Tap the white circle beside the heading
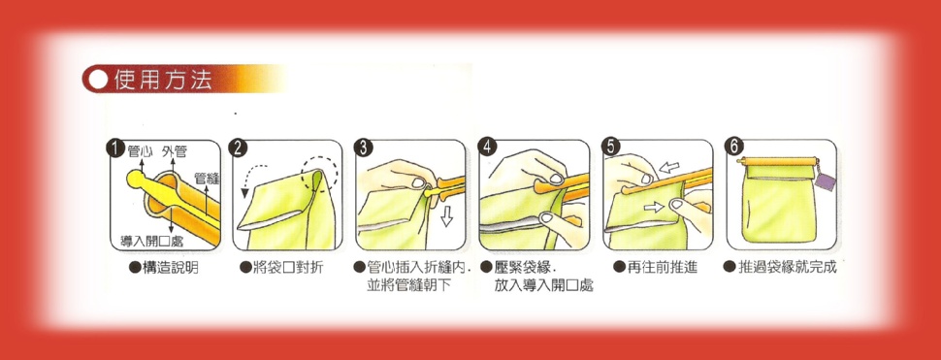pyautogui.click(x=97, y=80)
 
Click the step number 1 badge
pyautogui.click(x=114, y=148)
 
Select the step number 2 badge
pyautogui.click(x=239, y=148)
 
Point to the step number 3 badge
pyautogui.click(x=363, y=148)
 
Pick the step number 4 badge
pyautogui.click(x=487, y=147)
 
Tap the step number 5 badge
pyautogui.click(x=610, y=147)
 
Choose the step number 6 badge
pyautogui.click(x=733, y=147)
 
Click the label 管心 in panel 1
pyautogui.click(x=140, y=151)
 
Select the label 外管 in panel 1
pyautogui.click(x=174, y=151)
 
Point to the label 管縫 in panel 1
pyautogui.click(x=207, y=179)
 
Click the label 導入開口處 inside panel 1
pyautogui.click(x=151, y=242)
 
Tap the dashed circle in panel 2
pyautogui.click(x=320, y=174)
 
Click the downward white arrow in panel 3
pyautogui.click(x=446, y=216)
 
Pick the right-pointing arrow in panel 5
pyautogui.click(x=655, y=207)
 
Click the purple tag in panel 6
pyautogui.click(x=826, y=181)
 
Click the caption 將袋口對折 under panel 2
pyautogui.click(x=288, y=268)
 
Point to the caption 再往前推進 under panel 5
pyautogui.click(x=662, y=268)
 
